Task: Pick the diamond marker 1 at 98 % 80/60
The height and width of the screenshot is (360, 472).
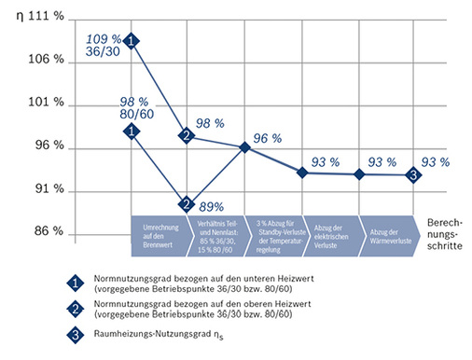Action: pyautogui.click(x=132, y=132)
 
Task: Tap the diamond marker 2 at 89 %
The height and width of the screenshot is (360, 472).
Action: pyautogui.click(x=187, y=204)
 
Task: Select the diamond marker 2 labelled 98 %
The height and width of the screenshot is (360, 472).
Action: pyautogui.click(x=187, y=136)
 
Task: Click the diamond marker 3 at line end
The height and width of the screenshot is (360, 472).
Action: pyautogui.click(x=412, y=174)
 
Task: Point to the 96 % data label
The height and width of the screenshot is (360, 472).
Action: pyautogui.click(x=267, y=138)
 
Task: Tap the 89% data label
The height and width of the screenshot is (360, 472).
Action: pyautogui.click(x=212, y=206)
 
